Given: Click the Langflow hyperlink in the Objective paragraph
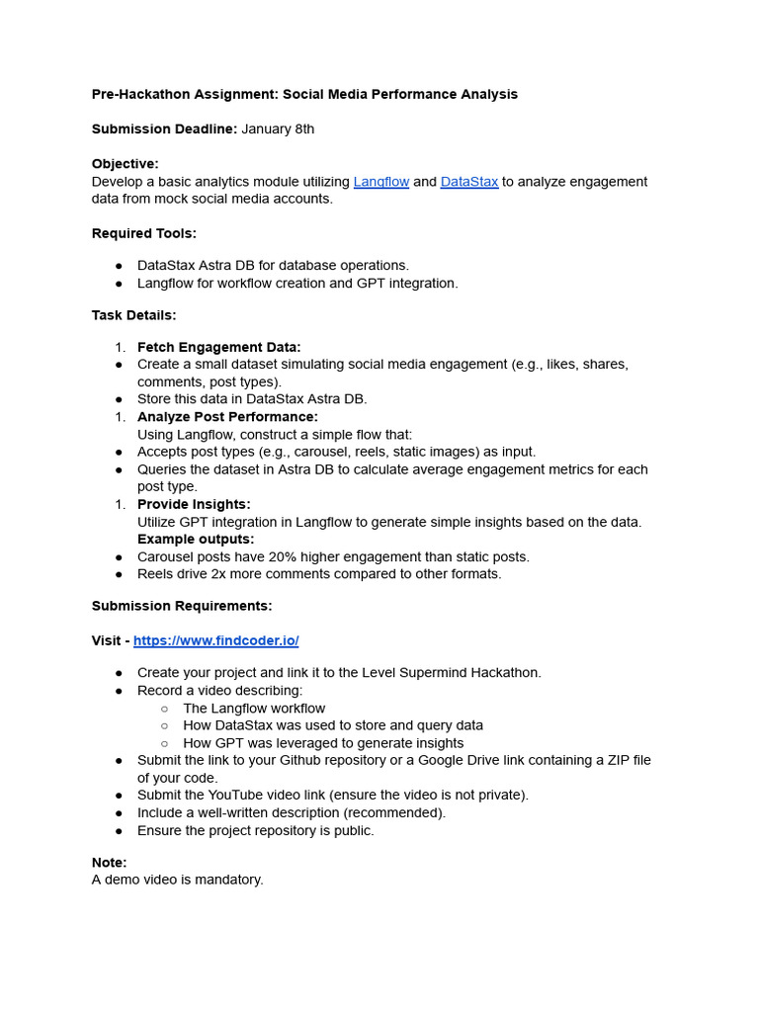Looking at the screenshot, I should [x=380, y=182].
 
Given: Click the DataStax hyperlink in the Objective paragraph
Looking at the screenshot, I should [x=468, y=182].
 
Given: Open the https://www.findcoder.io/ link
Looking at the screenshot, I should [x=215, y=640].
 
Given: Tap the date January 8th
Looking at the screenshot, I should [x=278, y=129].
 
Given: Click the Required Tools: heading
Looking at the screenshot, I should [x=143, y=233].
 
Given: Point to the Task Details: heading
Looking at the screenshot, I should [x=133, y=315].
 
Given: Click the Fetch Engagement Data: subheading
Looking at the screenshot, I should [x=218, y=347].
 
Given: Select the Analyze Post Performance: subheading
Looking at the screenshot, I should [x=227, y=417].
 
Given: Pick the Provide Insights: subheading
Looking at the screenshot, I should [x=194, y=504].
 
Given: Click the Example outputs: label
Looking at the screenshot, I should [x=196, y=539].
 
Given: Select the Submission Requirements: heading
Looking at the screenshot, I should [x=182, y=606].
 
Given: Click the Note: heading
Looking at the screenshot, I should [x=109, y=863].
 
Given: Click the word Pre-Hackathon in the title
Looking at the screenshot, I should [x=139, y=95].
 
